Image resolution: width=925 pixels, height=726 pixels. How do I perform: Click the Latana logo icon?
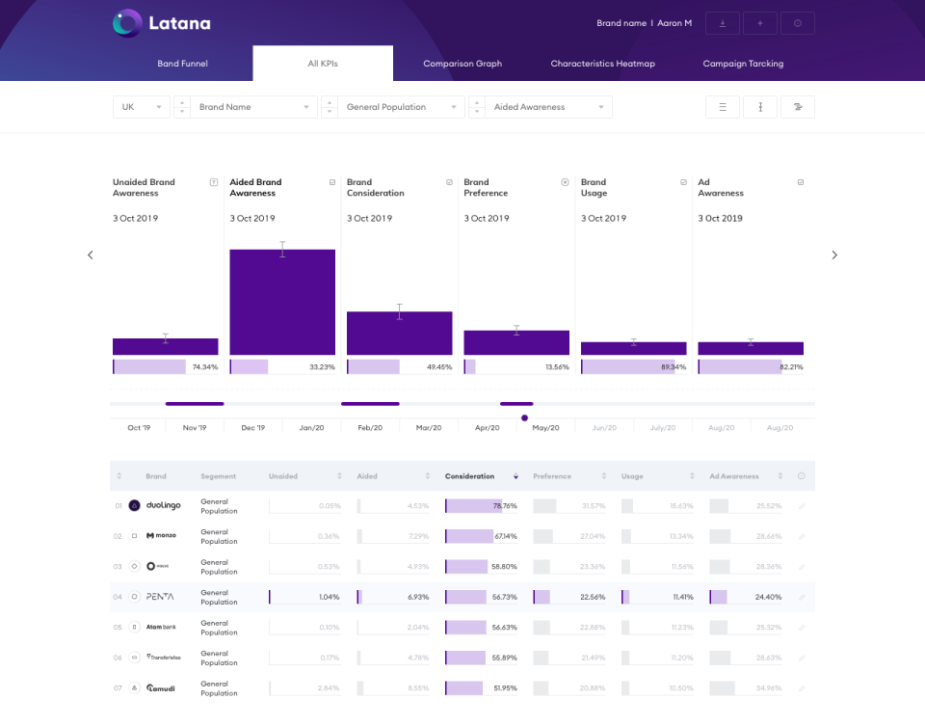127,23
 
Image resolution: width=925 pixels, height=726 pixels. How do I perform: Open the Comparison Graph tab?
462,64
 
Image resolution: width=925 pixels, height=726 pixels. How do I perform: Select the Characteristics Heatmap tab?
602,64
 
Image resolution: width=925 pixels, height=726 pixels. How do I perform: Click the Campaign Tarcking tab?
743,64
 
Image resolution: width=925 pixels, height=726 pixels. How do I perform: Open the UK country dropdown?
141,107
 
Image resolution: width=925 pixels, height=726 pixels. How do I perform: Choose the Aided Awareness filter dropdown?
547,107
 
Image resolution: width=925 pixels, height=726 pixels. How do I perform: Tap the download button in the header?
723,23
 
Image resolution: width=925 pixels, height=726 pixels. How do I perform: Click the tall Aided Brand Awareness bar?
282,302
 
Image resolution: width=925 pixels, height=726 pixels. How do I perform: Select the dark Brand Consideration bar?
399,333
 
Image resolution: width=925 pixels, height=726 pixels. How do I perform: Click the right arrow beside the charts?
834,255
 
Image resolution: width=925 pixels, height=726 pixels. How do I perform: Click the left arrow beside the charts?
91,255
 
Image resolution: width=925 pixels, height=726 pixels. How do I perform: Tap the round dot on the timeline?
524,417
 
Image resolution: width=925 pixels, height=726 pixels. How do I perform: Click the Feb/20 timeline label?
370,428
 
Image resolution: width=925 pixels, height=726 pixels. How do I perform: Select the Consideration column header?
469,476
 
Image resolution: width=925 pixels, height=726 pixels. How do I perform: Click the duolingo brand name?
163,505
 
